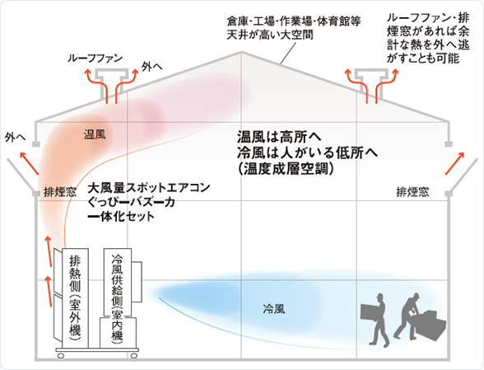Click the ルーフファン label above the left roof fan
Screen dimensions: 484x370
click(x=95, y=59)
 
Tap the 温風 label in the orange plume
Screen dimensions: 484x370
click(x=95, y=134)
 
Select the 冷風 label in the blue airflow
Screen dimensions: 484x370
click(x=274, y=308)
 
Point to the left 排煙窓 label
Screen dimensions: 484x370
click(x=59, y=192)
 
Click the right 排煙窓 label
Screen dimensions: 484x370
click(x=412, y=192)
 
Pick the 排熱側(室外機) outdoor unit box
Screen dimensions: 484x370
click(x=76, y=298)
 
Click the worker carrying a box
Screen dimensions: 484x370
click(x=375, y=319)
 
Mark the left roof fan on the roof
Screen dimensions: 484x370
click(x=111, y=81)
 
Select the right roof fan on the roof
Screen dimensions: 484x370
click(x=371, y=81)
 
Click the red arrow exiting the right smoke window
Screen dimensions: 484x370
click(x=454, y=163)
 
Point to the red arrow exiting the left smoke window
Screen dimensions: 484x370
click(x=30, y=163)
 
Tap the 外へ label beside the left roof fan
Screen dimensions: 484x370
click(x=151, y=66)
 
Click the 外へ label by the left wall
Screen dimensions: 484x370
click(x=15, y=138)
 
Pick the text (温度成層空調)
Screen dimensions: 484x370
click(x=286, y=169)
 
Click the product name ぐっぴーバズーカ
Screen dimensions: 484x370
click(x=132, y=202)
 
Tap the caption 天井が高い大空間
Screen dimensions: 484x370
click(x=270, y=35)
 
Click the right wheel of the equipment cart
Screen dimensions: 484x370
click(x=133, y=355)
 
